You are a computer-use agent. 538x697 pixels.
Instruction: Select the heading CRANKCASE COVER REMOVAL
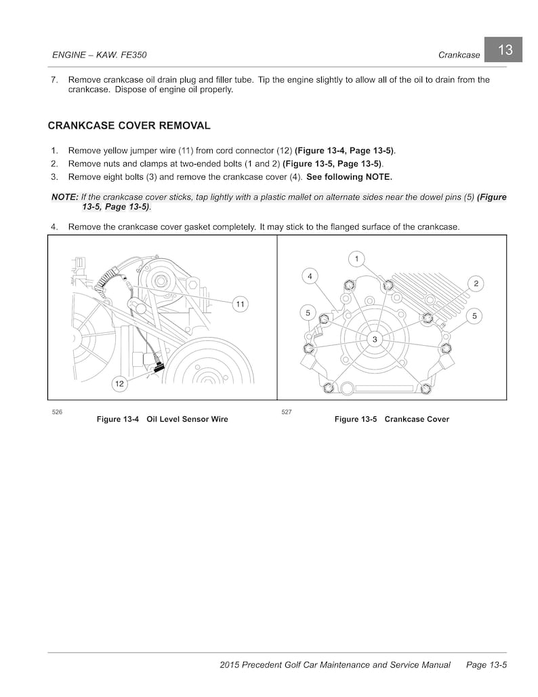(x=129, y=125)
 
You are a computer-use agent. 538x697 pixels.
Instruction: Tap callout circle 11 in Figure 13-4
(x=240, y=304)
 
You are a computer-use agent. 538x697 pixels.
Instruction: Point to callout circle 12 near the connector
(x=119, y=384)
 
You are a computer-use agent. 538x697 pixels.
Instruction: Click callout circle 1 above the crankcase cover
(x=356, y=258)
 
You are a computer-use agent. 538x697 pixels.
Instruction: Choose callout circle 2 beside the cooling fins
(x=476, y=283)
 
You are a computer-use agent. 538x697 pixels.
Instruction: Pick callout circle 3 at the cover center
(x=375, y=338)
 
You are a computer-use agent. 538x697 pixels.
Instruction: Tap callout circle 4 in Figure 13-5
(x=310, y=276)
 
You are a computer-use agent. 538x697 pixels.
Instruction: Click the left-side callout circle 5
(x=308, y=313)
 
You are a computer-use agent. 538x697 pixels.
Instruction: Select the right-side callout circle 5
(x=474, y=315)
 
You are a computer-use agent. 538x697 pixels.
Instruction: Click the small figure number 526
(x=57, y=412)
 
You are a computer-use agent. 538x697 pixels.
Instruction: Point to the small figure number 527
(x=286, y=412)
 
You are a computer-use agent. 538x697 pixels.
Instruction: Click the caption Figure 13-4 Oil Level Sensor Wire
(x=162, y=419)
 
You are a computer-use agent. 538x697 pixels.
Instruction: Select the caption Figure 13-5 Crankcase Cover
(x=392, y=419)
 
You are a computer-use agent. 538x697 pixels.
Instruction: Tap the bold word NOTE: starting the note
(x=64, y=197)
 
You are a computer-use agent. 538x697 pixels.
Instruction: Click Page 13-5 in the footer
(x=487, y=665)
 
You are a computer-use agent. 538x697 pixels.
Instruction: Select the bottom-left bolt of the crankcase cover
(x=329, y=388)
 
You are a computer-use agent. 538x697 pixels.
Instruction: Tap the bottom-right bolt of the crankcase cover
(x=426, y=389)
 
